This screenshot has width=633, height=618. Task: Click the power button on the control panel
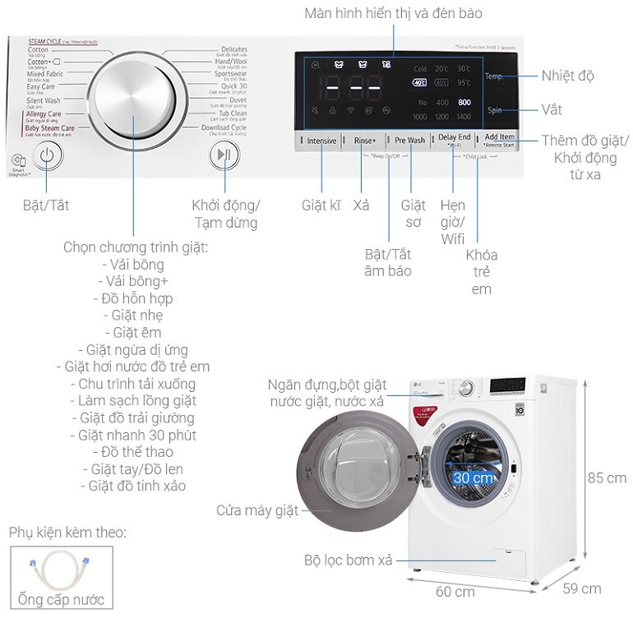click(x=48, y=156)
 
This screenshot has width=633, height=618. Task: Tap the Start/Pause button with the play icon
click(x=223, y=156)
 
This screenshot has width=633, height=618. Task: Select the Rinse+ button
click(x=364, y=141)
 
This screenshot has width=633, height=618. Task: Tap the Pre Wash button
click(x=409, y=141)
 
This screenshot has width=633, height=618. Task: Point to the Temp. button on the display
click(x=494, y=76)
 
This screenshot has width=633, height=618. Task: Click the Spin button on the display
click(x=494, y=110)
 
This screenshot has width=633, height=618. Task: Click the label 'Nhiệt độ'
click(x=567, y=76)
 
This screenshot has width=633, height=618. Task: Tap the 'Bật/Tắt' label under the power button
click(x=46, y=205)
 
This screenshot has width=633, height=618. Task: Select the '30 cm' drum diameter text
click(x=473, y=477)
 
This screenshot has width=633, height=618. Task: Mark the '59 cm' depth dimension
click(x=581, y=588)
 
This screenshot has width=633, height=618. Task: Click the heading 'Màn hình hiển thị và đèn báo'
click(x=393, y=13)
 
